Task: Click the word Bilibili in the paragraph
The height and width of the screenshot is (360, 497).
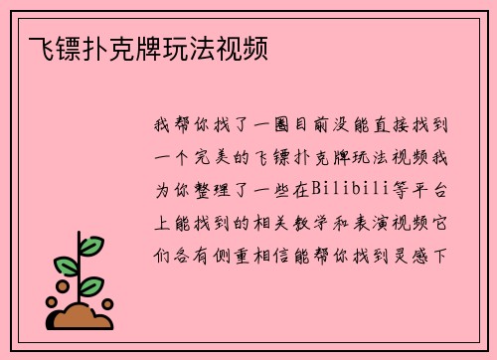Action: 346,187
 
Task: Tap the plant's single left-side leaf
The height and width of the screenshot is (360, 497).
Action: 66,266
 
